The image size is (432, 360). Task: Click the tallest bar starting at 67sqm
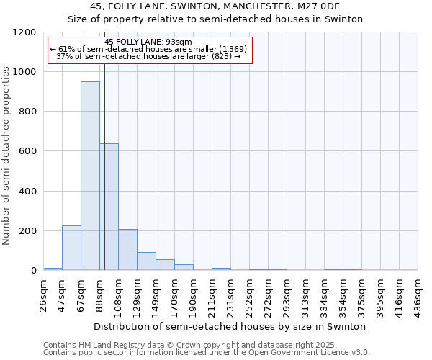(90, 176)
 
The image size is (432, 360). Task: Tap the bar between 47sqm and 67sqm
(71, 248)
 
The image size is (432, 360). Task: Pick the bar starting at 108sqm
(127, 249)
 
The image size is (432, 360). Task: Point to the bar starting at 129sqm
(146, 261)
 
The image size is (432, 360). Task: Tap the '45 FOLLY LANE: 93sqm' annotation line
(148, 42)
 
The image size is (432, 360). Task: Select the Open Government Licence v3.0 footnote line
(206, 353)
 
